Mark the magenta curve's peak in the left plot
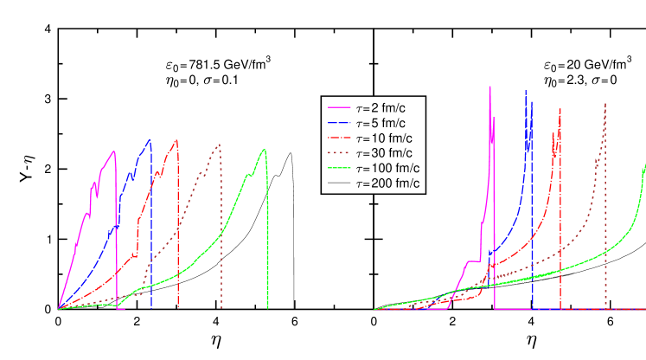(x=114, y=151)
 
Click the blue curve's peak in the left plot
(x=150, y=139)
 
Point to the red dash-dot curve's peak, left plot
(x=176, y=139)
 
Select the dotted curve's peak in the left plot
(x=220, y=144)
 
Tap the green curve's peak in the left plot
(x=263, y=150)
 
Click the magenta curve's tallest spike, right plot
(x=490, y=87)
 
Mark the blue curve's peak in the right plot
(x=526, y=89)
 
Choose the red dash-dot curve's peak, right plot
(x=560, y=109)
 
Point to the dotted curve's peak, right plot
(x=605, y=104)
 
